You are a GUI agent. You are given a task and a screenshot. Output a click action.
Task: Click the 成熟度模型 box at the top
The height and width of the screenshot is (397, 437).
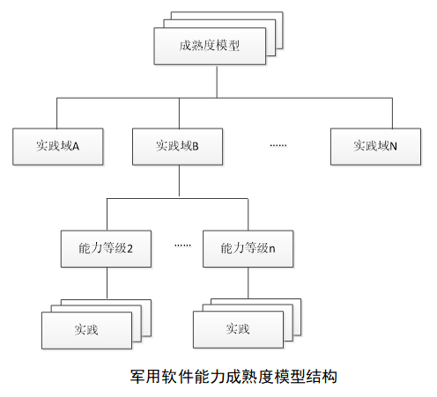pyautogui.click(x=210, y=46)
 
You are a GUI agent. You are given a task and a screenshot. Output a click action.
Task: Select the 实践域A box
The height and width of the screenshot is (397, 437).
pyautogui.click(x=58, y=146)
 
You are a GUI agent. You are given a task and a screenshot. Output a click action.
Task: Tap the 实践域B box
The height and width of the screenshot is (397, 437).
pyautogui.click(x=177, y=146)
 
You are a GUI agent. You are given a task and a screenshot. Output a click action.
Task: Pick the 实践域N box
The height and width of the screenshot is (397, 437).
pyautogui.click(x=375, y=146)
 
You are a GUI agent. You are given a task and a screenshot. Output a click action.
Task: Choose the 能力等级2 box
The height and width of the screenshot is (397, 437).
pyautogui.click(x=106, y=248)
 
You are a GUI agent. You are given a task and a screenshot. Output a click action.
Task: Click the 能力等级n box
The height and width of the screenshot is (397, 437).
pyautogui.click(x=248, y=248)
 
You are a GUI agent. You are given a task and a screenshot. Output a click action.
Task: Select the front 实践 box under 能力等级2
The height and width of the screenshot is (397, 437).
pyautogui.click(x=86, y=330)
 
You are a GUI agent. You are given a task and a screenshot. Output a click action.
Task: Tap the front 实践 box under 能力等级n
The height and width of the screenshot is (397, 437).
pyautogui.click(x=238, y=329)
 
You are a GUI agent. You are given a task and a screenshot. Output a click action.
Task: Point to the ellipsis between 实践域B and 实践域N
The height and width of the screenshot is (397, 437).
pyautogui.click(x=278, y=145)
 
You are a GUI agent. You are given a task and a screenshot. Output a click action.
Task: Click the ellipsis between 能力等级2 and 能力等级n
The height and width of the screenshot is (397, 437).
pyautogui.click(x=182, y=245)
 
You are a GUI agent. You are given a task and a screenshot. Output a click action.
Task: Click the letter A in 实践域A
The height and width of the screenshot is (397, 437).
pyautogui.click(x=76, y=146)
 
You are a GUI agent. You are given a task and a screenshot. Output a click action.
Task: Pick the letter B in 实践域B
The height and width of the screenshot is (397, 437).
pyautogui.click(x=196, y=146)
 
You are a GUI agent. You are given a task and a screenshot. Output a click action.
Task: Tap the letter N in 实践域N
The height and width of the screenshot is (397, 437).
pyautogui.click(x=393, y=146)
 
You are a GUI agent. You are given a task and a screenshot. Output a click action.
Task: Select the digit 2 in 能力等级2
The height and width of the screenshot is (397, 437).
pyautogui.click(x=130, y=249)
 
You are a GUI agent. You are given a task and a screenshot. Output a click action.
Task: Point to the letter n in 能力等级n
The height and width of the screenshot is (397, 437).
pyautogui.click(x=272, y=249)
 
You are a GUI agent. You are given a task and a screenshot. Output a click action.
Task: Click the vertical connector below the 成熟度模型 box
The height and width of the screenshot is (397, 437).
pyautogui.click(x=217, y=81)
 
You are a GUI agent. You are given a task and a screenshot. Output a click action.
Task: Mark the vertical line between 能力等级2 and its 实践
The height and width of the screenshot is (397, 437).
pyautogui.click(x=107, y=283)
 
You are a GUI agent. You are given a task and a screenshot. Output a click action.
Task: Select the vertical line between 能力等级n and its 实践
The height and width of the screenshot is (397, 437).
pyautogui.click(x=248, y=283)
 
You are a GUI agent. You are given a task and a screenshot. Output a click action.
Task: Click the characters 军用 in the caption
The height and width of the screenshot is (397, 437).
pyautogui.click(x=145, y=377)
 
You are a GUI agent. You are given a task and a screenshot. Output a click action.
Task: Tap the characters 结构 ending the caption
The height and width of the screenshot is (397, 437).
pyautogui.click(x=322, y=377)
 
